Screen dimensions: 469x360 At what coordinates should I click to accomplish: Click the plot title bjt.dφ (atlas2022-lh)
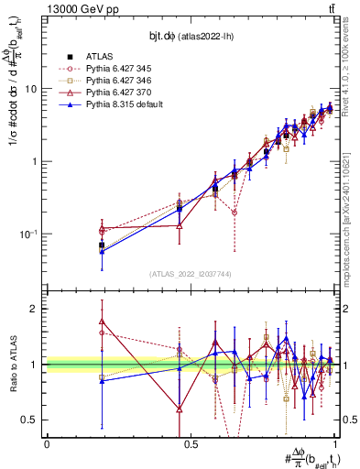[191, 36]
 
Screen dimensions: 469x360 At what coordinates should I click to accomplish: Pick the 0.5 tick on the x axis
[191, 443]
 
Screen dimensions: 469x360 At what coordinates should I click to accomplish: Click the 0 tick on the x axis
[47, 443]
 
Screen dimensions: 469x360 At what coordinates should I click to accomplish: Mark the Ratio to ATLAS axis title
[14, 365]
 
